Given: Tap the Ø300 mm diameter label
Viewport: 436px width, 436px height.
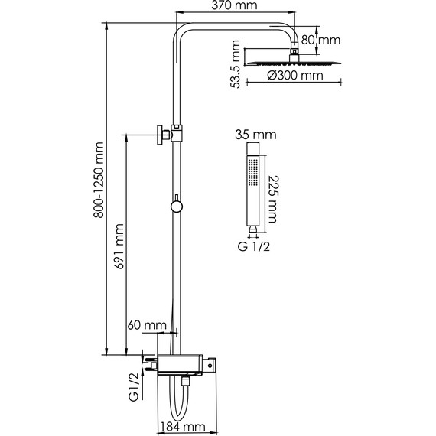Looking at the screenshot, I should [x=294, y=76].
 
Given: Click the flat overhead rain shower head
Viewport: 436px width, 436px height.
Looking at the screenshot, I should [x=294, y=60].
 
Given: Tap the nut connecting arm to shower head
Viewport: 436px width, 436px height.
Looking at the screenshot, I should [x=294, y=53].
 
